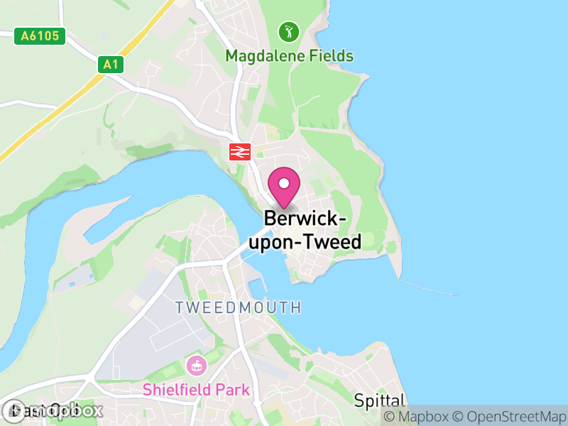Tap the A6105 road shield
[x=40, y=36]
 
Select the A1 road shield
[x=110, y=65]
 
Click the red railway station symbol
[x=239, y=151]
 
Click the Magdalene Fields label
[x=289, y=55]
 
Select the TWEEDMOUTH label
[x=239, y=307]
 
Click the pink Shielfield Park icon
[x=195, y=366]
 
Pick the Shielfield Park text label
[x=196, y=389]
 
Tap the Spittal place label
[x=379, y=400]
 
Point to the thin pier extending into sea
[x=426, y=287]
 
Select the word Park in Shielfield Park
[x=234, y=389]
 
